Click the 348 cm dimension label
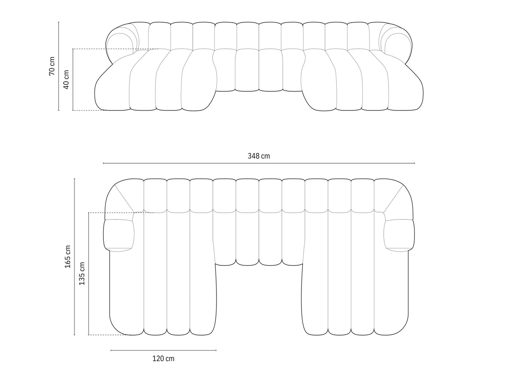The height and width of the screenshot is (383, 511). pyautogui.click(x=259, y=156)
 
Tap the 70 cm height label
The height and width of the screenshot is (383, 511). pyautogui.click(x=52, y=66)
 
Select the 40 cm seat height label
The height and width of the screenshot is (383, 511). pyautogui.click(x=66, y=79)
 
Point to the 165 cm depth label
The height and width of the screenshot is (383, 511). pyautogui.click(x=68, y=257)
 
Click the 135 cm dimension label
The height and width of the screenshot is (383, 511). pyautogui.click(x=82, y=273)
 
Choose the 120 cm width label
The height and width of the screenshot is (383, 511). pyautogui.click(x=163, y=359)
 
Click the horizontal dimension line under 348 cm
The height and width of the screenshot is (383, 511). pyautogui.click(x=259, y=163)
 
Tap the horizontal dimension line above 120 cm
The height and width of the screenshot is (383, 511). pyautogui.click(x=163, y=350)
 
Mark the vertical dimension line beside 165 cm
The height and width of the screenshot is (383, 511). pyautogui.click(x=75, y=257)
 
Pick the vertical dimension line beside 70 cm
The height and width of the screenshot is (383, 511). pyautogui.click(x=59, y=66)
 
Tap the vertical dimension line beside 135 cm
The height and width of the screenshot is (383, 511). pyautogui.click(x=88, y=273)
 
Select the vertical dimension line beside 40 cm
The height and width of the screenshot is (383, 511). pyautogui.click(x=73, y=79)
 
